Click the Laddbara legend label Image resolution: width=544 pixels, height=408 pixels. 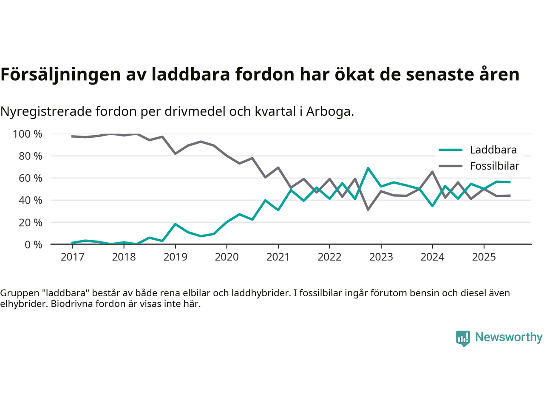tap(493, 150)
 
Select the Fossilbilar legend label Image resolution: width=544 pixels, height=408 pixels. tap(494, 166)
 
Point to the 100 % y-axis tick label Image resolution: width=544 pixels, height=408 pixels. tap(28, 134)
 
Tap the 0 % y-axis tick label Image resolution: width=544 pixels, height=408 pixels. tap(33, 244)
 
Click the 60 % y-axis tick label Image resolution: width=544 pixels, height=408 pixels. tap(30, 178)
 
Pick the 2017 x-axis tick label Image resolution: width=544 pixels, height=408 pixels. tap(72, 257)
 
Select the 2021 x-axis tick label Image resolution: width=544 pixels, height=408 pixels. tap(278, 257)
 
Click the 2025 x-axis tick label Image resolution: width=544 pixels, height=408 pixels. tap(484, 257)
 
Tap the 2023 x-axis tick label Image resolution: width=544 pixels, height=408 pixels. tap(381, 257)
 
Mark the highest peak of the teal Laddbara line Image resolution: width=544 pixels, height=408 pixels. tap(368, 168)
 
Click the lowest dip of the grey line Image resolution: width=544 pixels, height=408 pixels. tap(368, 210)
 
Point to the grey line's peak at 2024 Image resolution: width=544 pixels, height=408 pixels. tap(432, 172)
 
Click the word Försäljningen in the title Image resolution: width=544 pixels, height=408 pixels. tap(60, 74)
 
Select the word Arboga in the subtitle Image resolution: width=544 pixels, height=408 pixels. tap(329, 111)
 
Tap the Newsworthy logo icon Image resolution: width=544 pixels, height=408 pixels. tap(463, 338)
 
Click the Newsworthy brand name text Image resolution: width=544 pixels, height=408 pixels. tap(508, 337)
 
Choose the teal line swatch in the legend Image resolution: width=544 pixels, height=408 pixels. tap(450, 150)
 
